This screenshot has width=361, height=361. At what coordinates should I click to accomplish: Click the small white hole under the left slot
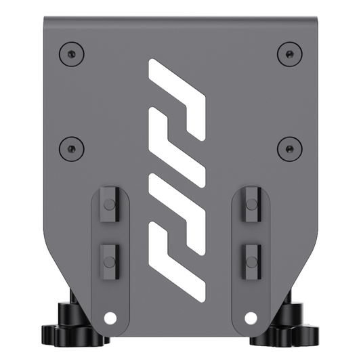pos(110,317)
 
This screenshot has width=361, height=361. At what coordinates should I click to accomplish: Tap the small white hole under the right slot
pos(250,317)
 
